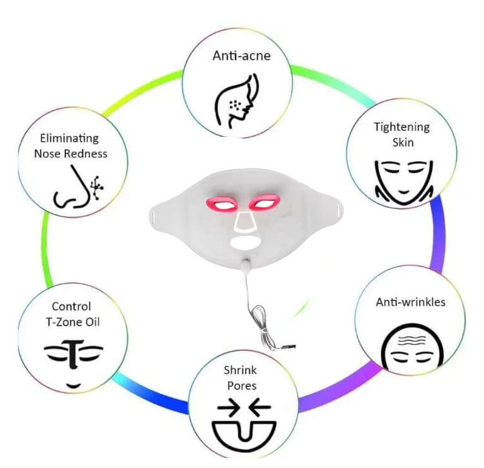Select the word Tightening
coord(401,127)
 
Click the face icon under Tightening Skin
coord(401,177)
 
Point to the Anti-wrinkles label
coord(410,302)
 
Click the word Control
coord(71,307)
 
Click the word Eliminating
coord(69,138)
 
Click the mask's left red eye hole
coord(220,203)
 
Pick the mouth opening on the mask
coord(243,241)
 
